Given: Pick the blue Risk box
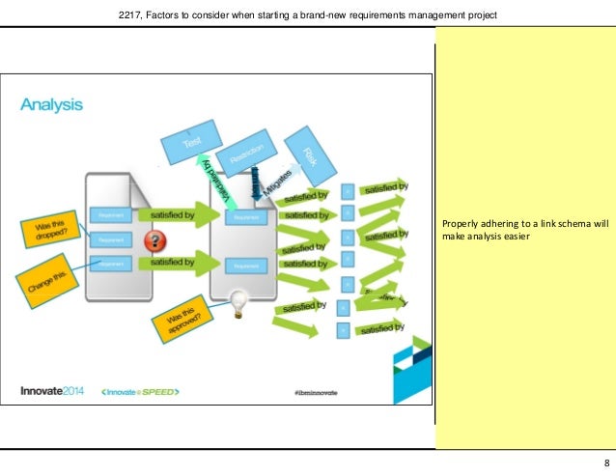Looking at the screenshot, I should [310, 150].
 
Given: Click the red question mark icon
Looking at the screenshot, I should [151, 239].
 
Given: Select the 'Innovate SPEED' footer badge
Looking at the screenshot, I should [140, 391].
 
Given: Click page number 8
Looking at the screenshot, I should [605, 462].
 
